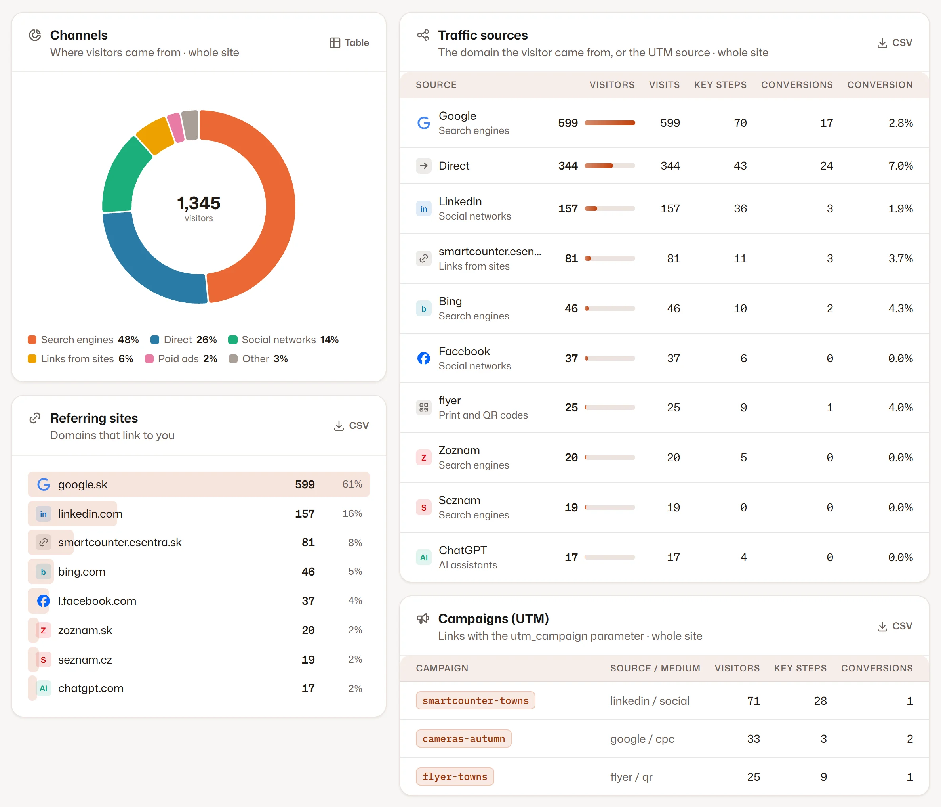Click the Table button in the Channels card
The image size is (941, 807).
click(x=349, y=43)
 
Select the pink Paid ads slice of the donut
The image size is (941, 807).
click(x=176, y=128)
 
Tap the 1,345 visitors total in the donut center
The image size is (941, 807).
click(x=198, y=208)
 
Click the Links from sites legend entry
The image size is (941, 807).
click(x=80, y=359)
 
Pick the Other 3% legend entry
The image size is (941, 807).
click(x=258, y=359)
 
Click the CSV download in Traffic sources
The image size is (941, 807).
click(x=894, y=43)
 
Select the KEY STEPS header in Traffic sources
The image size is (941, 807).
click(x=720, y=85)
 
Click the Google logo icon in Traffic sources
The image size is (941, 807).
click(x=424, y=123)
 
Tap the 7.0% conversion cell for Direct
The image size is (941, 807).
click(x=901, y=166)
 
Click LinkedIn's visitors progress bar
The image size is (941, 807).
click(x=610, y=208)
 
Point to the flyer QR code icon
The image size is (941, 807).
click(x=424, y=407)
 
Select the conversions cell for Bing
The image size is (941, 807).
click(x=830, y=308)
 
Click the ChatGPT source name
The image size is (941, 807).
click(x=463, y=550)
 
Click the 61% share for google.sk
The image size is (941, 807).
click(x=352, y=484)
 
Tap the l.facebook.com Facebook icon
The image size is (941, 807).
click(x=43, y=601)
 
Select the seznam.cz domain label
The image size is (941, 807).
click(x=85, y=660)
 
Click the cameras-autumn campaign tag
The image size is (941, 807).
click(x=464, y=739)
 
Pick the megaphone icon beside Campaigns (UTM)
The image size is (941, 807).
click(x=423, y=619)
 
